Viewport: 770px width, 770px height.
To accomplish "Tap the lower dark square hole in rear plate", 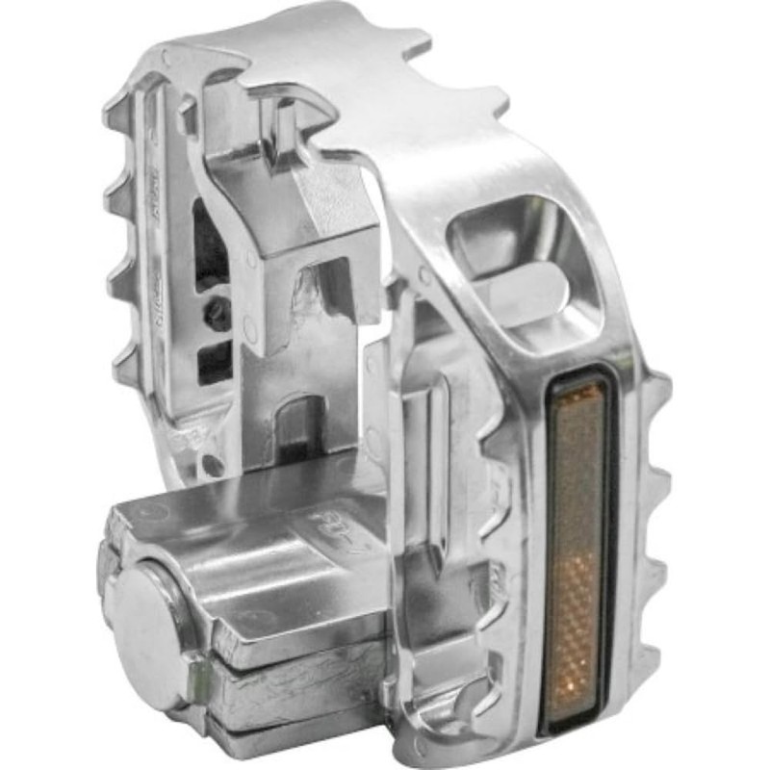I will (x=214, y=362).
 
